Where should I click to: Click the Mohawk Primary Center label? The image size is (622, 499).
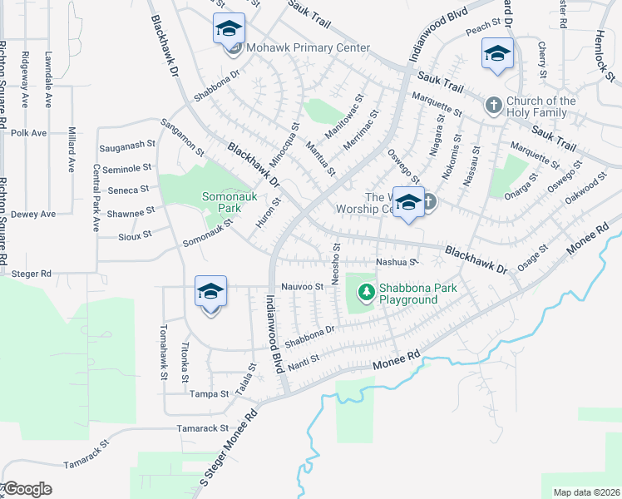tap(308, 48)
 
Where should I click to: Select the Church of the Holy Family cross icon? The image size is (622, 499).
tap(493, 105)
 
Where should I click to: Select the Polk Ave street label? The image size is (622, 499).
tap(29, 132)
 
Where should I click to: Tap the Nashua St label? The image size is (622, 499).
tap(395, 262)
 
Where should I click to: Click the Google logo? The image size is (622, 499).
tap(27, 489)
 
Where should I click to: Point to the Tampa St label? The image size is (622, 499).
tap(210, 394)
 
